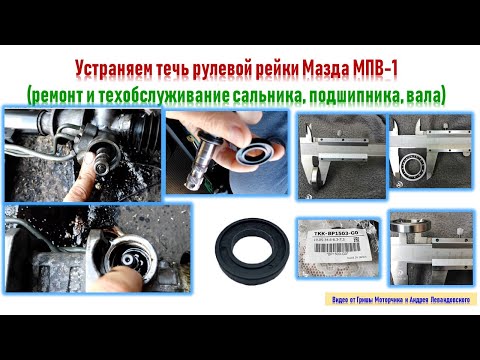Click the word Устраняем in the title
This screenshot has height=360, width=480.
point(113,69)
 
